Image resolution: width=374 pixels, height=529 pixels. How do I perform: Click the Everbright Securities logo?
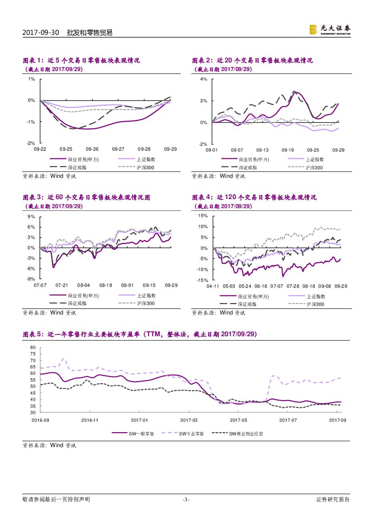tap(330, 29)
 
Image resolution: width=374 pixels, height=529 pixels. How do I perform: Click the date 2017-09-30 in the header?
tap(41, 33)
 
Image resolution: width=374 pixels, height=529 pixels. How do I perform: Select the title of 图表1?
tap(81, 61)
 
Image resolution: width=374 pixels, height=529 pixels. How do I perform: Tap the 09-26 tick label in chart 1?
tap(92, 149)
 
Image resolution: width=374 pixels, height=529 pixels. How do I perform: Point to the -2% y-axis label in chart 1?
tap(32, 143)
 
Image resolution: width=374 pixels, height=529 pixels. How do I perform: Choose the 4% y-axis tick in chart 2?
tap(204, 79)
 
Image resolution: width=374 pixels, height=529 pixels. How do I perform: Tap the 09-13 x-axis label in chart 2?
tap(262, 150)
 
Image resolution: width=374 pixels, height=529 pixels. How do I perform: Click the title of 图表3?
tap(86, 198)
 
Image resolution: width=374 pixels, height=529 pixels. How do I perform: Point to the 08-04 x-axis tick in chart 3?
tap(84, 286)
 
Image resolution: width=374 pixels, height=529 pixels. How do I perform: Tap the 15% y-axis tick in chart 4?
tap(202, 216)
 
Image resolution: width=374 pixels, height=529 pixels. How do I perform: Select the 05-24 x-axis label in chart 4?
tap(245, 286)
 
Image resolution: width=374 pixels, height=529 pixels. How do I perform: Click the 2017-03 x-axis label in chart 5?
tap(189, 420)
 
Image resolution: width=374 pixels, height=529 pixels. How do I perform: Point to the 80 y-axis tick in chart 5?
tap(33, 348)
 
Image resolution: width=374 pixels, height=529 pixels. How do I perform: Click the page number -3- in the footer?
tap(185, 500)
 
